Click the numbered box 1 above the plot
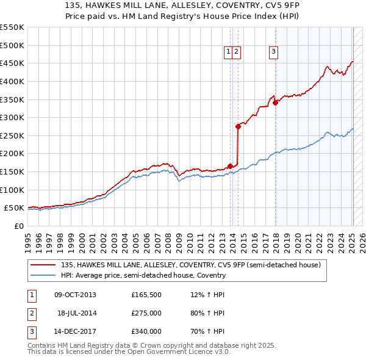[228, 52]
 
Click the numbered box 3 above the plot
[274, 52]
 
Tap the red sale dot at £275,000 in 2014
[238, 126]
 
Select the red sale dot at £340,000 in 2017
[275, 103]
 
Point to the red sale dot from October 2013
[230, 165]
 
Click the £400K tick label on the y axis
[12, 81]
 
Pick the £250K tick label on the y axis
[12, 135]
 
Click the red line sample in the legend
[43, 265]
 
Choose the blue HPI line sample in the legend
[43, 275]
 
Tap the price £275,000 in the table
[146, 313]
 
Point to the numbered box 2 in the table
[31, 313]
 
